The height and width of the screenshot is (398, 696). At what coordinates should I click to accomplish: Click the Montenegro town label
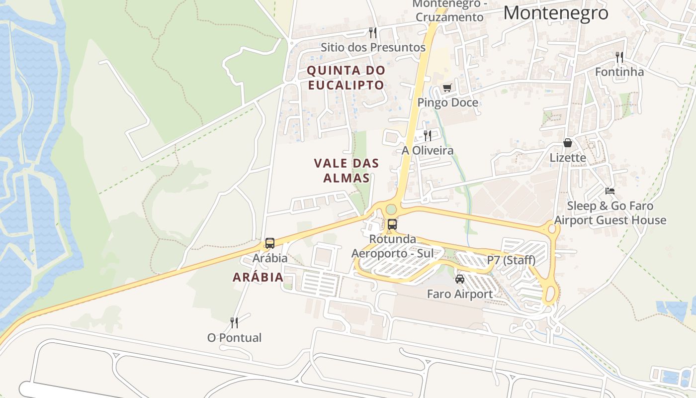pos(555,13)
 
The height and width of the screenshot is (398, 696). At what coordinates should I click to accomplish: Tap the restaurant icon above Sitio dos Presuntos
pos(372,33)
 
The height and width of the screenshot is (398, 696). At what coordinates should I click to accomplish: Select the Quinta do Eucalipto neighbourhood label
pos(346,78)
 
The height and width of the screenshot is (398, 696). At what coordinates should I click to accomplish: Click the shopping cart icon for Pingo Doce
pos(447,88)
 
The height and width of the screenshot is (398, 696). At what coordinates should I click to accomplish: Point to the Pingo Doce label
pos(447,102)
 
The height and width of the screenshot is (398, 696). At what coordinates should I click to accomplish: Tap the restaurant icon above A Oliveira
pos(427,135)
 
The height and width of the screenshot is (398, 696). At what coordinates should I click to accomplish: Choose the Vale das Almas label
pos(347,170)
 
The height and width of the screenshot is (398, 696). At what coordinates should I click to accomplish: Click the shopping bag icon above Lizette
pos(568,143)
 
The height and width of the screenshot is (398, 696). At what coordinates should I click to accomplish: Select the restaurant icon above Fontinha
pos(619,57)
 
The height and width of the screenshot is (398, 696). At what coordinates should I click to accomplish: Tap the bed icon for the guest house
pos(610,191)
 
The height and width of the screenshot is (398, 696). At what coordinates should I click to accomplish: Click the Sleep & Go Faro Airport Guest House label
pos(610,213)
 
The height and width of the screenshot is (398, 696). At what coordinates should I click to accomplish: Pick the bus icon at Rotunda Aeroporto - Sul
pos(392,224)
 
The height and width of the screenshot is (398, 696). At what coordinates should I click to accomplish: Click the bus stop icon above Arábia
pos(270,243)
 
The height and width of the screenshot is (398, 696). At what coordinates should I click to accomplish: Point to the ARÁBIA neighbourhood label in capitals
pos(258,277)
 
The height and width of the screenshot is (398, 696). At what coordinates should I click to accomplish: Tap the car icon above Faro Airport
pos(460,279)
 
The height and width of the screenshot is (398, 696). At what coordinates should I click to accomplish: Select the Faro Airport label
pos(460,294)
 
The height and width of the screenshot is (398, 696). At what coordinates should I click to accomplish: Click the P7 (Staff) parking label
pos(511,260)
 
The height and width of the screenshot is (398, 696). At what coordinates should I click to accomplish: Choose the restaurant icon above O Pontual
pos(234,323)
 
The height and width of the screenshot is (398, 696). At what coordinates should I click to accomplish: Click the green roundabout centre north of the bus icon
pos(392,209)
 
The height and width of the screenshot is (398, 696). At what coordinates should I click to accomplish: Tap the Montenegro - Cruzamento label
pos(448,11)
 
